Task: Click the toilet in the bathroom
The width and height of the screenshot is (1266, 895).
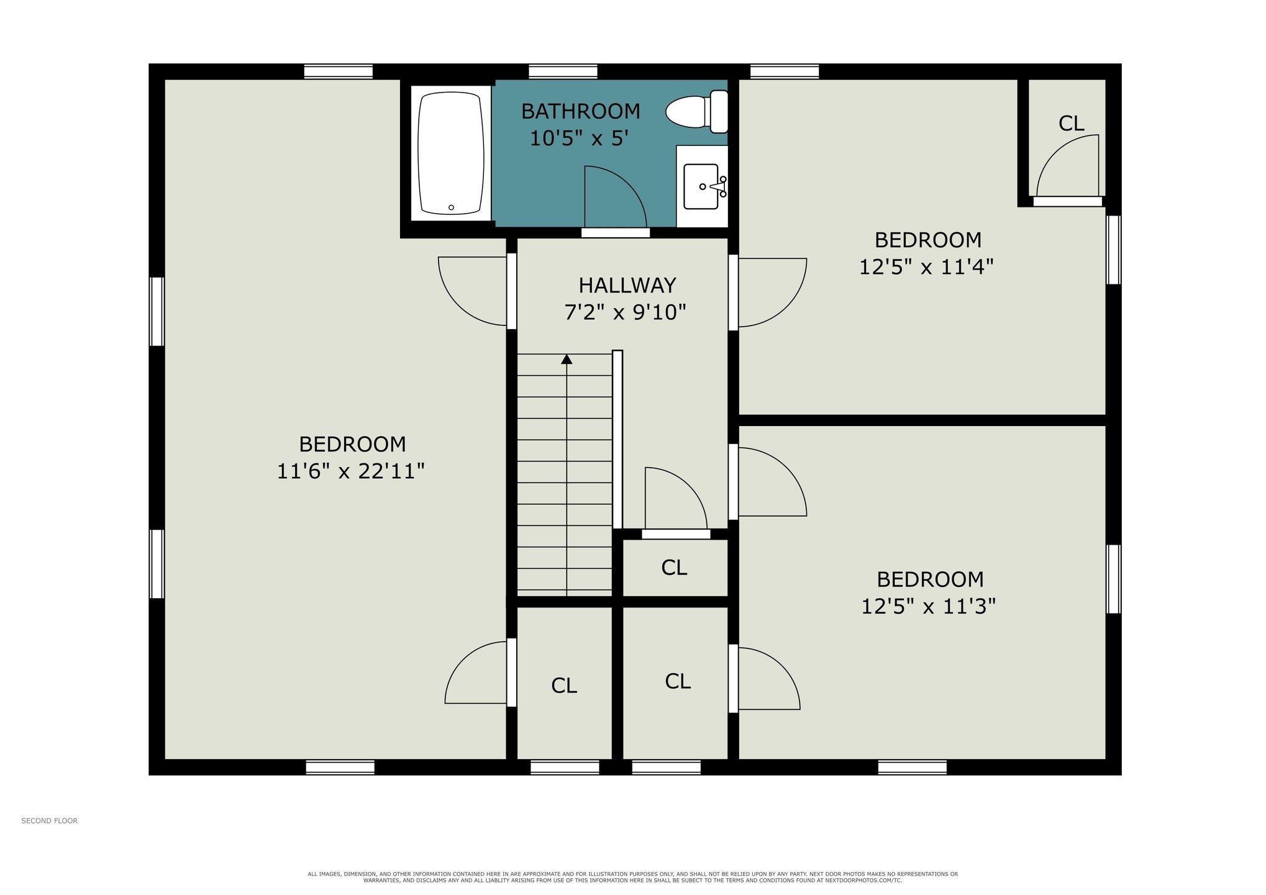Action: click(698, 112)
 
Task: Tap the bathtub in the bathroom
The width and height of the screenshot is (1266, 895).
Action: click(451, 153)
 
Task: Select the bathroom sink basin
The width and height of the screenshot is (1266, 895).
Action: click(701, 186)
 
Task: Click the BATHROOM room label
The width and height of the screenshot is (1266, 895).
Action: click(580, 111)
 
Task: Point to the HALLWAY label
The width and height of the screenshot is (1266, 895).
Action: click(627, 285)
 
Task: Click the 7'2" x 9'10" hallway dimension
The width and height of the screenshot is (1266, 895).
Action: click(625, 312)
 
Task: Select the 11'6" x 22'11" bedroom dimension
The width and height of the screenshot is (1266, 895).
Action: click(350, 471)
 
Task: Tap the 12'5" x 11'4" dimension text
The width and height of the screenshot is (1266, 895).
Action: click(926, 266)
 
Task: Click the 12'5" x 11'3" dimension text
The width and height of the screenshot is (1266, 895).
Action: click(928, 606)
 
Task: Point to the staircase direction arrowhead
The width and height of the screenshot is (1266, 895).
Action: click(567, 359)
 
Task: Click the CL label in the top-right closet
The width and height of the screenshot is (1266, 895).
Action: click(1072, 124)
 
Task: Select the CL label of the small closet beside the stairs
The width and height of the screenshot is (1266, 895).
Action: click(674, 567)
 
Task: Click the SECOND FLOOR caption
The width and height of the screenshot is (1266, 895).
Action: click(50, 820)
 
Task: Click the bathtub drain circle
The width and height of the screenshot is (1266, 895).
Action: click(451, 207)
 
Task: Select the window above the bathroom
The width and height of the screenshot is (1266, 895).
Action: click(563, 71)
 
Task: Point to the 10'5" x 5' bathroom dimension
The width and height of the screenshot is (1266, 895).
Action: click(575, 138)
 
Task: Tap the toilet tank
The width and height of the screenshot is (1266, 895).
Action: click(719, 112)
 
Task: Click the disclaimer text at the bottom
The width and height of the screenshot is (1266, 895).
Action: click(632, 877)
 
